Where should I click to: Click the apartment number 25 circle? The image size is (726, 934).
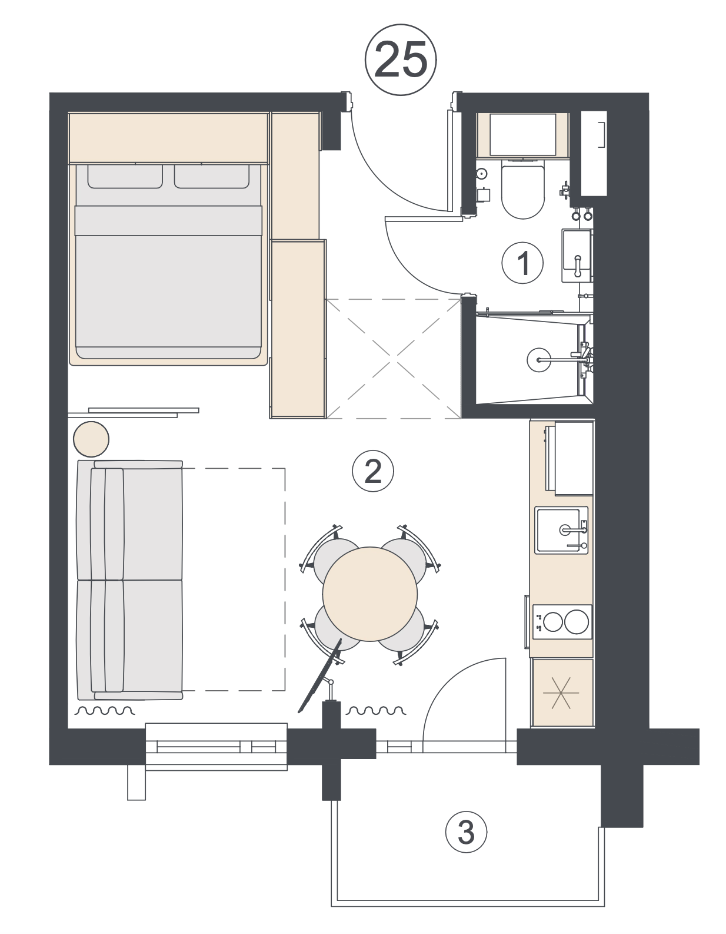pyautogui.click(x=400, y=59)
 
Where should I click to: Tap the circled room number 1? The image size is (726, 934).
pyautogui.click(x=522, y=263)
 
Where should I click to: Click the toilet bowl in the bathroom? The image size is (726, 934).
pyautogui.click(x=522, y=189)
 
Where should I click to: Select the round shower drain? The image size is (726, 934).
pyautogui.click(x=539, y=360)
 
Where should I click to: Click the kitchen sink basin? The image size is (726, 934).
pyautogui.click(x=561, y=530)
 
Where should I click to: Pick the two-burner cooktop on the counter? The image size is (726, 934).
pyautogui.click(x=562, y=621)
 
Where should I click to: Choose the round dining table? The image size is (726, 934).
pyautogui.click(x=369, y=594)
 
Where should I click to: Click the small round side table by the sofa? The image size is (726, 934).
pyautogui.click(x=91, y=439)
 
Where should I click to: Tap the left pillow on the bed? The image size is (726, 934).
pyautogui.click(x=125, y=176)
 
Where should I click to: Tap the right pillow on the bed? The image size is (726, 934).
pyautogui.click(x=212, y=176)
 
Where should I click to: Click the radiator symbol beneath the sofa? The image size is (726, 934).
pyautogui.click(x=105, y=711)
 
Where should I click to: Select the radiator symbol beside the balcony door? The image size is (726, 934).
pyautogui.click(x=376, y=711)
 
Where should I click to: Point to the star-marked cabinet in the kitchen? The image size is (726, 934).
pyautogui.click(x=561, y=693)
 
